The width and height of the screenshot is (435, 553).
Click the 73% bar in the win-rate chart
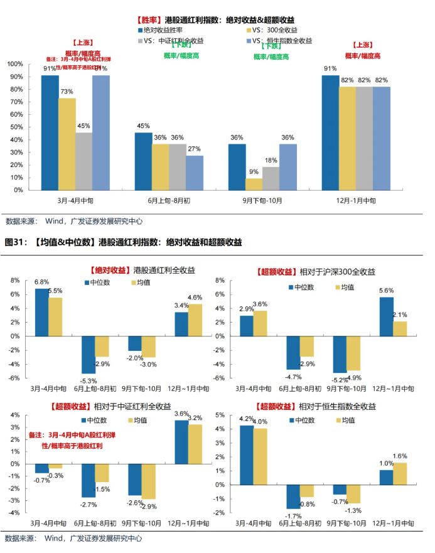(67, 144)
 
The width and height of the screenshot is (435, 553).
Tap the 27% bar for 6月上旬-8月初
(195, 173)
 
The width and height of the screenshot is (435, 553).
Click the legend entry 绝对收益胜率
(163, 30)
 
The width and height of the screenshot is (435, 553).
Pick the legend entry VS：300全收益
(272, 30)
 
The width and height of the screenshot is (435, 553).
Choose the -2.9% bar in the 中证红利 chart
(149, 481)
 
